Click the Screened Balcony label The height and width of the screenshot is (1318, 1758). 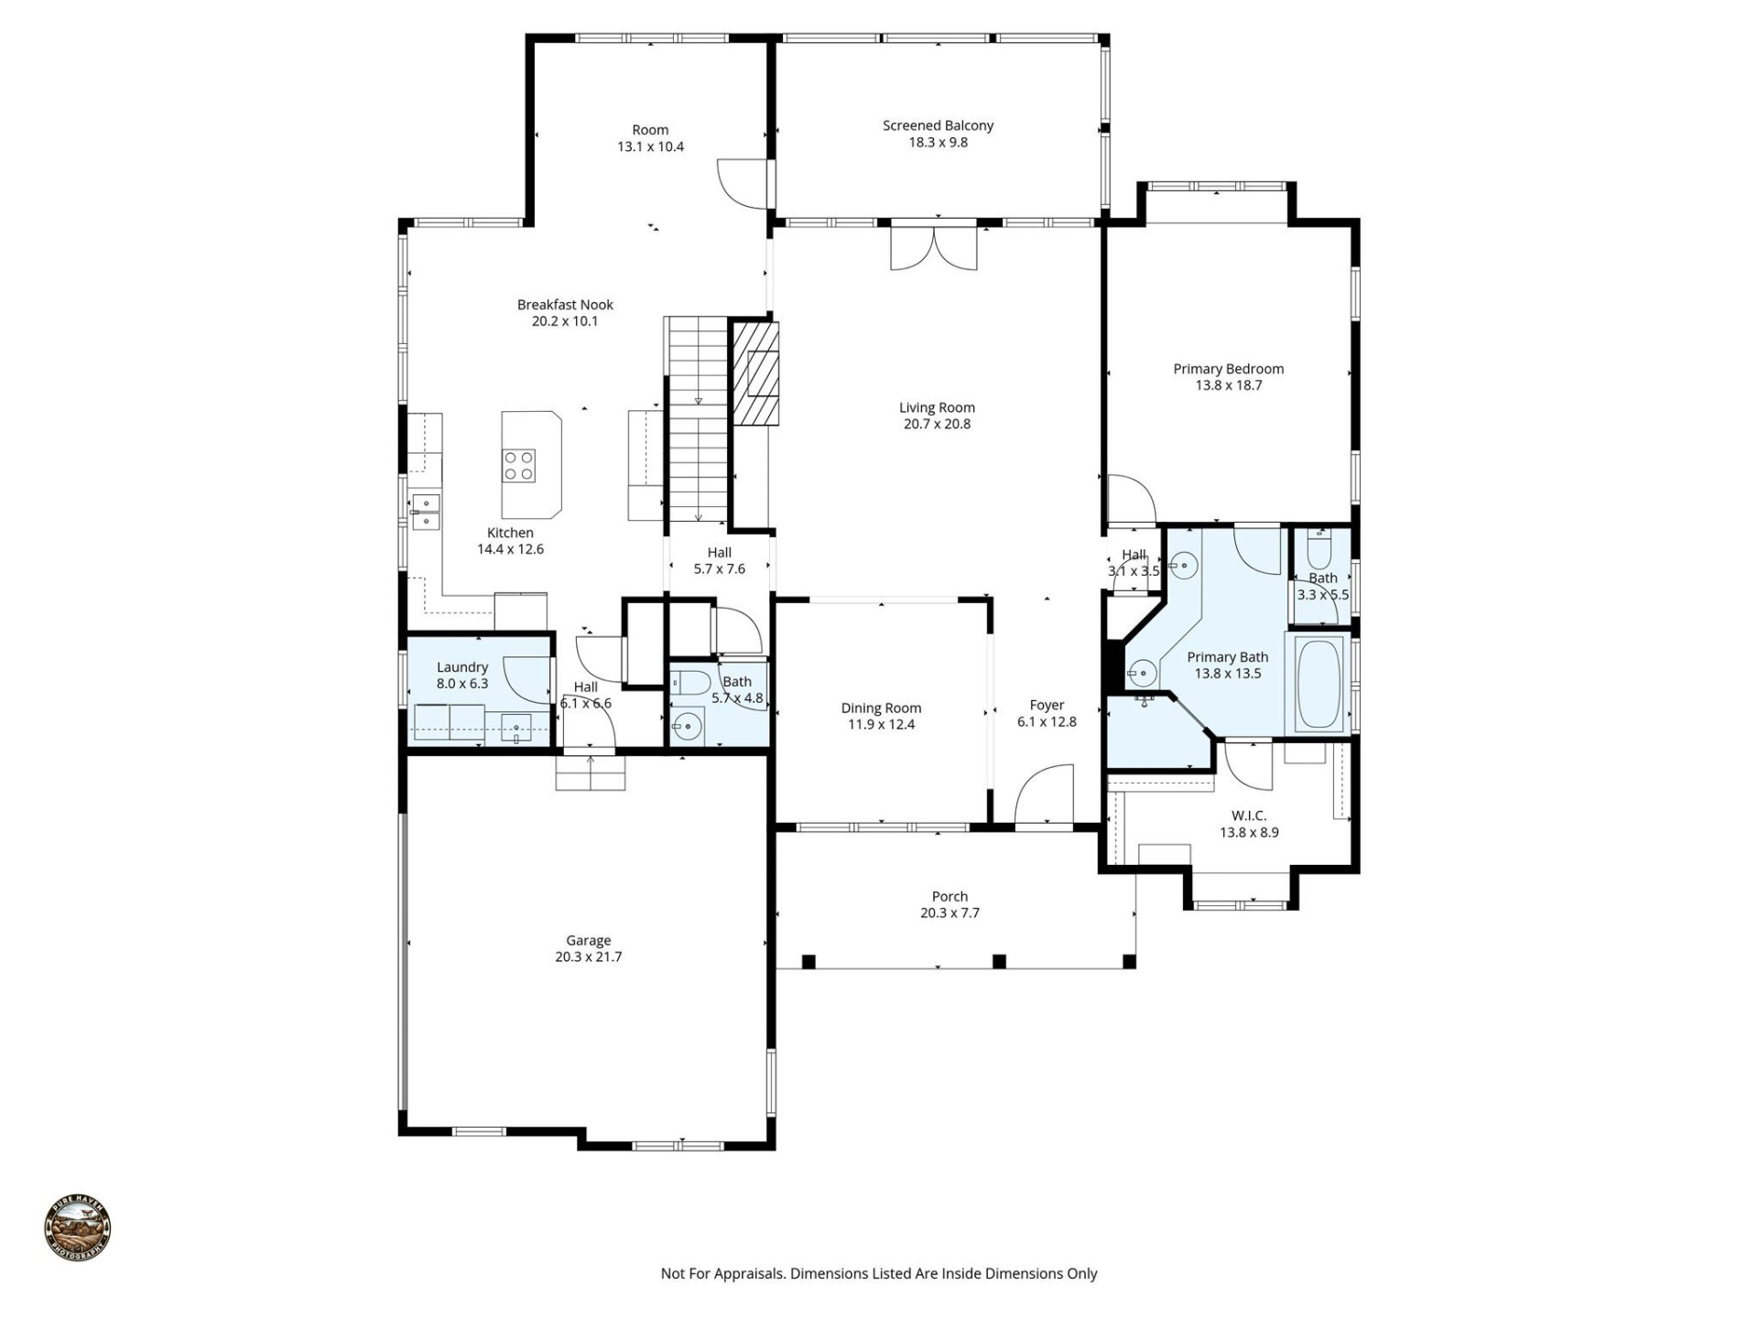point(938,125)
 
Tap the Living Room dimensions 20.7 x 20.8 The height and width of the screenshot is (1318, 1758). point(937,424)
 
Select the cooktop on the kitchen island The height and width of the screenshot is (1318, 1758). point(518,466)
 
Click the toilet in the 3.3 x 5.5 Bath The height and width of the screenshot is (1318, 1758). point(1319,551)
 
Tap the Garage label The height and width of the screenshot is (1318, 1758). point(588,940)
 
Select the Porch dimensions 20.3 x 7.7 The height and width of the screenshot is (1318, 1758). point(950,913)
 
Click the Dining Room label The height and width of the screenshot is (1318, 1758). point(881,708)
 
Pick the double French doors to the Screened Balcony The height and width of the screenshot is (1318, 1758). point(934,247)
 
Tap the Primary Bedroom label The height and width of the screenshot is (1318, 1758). point(1228,369)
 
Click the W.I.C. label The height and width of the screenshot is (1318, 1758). point(1249,816)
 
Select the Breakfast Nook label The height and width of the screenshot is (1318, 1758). point(565,305)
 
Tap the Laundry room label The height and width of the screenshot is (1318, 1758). point(462,667)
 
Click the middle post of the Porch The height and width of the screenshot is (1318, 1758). point(999,961)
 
